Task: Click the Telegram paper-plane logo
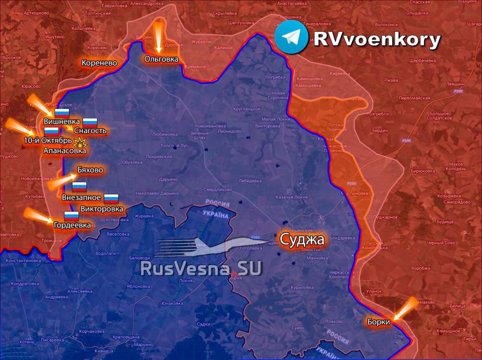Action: pos(293,37)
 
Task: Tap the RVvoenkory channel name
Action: pos(377,40)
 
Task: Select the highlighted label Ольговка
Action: pos(161,59)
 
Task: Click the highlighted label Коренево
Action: pos(98,63)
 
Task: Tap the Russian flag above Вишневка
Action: pos(62,113)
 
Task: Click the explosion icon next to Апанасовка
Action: pos(79,142)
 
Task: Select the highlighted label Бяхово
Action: pos(90,170)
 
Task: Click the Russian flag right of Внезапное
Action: pos(111,198)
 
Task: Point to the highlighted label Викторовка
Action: pos(102,209)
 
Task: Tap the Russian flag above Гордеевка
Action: pos(71,216)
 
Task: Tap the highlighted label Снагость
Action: pos(90,131)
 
